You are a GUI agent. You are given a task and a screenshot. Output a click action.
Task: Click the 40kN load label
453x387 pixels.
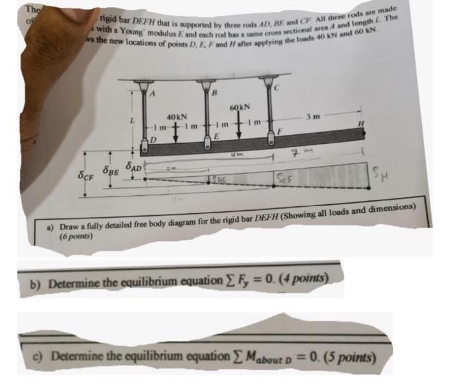(176, 117)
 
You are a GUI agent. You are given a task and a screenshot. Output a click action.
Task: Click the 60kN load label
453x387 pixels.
(239, 106)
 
